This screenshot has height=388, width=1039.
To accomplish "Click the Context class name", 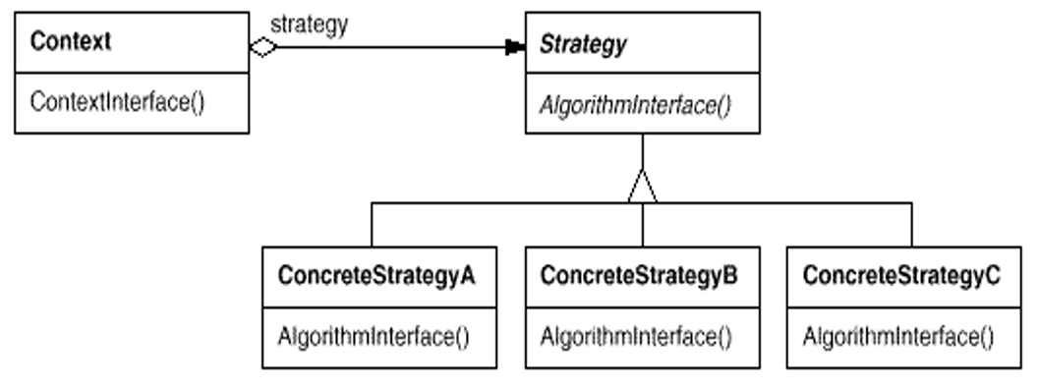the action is coord(71,41).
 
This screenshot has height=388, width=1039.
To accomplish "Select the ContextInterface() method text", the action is coord(118,102).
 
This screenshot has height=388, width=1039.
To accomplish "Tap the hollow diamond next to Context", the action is coord(263,47).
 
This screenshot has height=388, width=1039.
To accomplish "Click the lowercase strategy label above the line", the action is coord(309,26).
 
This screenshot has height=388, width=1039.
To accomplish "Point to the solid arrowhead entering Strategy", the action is coord(515,47).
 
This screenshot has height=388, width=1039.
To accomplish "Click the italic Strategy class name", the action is coord(583,44).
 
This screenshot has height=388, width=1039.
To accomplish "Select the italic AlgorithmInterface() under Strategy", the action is coord(635,105).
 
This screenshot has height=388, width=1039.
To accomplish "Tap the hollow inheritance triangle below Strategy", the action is coord(642,186).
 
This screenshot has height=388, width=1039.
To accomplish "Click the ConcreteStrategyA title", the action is coord(376,276).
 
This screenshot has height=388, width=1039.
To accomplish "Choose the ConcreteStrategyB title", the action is coord(639,276).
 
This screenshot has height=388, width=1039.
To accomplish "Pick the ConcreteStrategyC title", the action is coord(901,276).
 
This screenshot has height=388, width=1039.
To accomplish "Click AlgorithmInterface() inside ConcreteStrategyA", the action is coord(374,337).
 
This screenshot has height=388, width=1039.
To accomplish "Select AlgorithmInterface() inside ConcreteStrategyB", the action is coord(636,337).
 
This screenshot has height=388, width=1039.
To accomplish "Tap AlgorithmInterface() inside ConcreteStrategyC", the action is coord(898,337).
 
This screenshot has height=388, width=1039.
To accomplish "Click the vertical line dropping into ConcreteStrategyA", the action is coord(372,225).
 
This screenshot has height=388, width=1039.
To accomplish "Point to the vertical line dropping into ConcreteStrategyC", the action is coord(912,225).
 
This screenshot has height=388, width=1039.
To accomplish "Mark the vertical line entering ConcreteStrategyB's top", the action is coord(642,225).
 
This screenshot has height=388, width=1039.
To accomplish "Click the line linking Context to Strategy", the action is coord(391,47).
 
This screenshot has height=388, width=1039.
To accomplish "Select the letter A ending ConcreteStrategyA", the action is coord(467,275).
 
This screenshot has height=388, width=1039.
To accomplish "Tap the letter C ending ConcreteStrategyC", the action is coord(993,275).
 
